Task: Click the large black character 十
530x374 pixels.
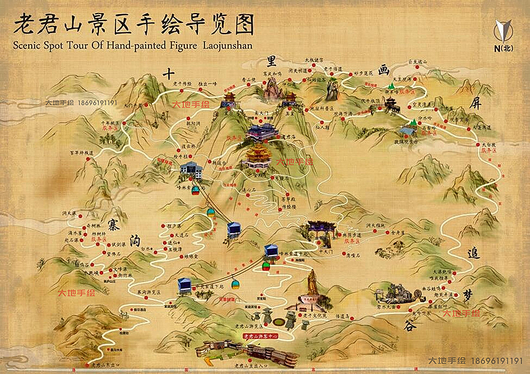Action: click(169, 74)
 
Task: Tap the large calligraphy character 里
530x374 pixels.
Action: click(271, 60)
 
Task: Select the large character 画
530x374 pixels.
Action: click(384, 70)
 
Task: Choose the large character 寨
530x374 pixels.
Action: click(113, 222)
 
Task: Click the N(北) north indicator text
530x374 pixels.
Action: click(503, 48)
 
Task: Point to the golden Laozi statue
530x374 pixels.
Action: click(312, 286)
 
